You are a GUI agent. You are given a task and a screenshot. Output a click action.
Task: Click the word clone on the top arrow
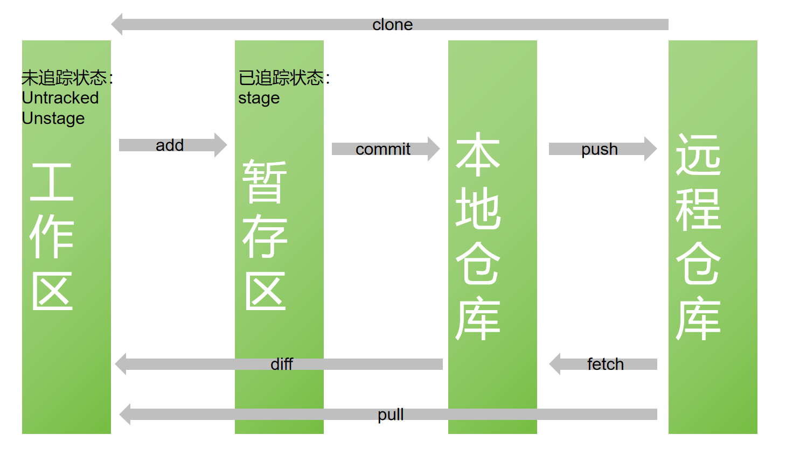pyautogui.click(x=392, y=25)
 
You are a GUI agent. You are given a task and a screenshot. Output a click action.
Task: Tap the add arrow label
pyautogui.click(x=170, y=145)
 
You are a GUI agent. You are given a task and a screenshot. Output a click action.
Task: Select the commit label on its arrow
pyautogui.click(x=383, y=149)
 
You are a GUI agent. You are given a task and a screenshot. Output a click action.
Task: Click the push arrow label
pyautogui.click(x=599, y=149)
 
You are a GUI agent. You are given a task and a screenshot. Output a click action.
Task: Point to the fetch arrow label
pyautogui.click(x=605, y=364)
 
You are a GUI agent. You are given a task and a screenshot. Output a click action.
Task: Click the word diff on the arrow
pyautogui.click(x=281, y=364)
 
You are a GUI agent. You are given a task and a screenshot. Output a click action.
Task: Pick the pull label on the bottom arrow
pyautogui.click(x=391, y=415)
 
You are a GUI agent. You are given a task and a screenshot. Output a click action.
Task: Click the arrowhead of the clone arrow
pyautogui.click(x=117, y=24)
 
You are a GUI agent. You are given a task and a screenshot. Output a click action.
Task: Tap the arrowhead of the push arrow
pyautogui.click(x=651, y=149)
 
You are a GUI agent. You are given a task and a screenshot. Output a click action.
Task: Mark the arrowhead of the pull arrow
pyautogui.click(x=125, y=415)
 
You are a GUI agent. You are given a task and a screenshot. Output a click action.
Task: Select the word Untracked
pyautogui.click(x=60, y=98)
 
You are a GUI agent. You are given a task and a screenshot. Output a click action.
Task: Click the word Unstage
pyautogui.click(x=53, y=118)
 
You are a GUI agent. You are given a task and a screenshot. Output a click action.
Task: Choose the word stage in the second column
pyautogui.click(x=259, y=99)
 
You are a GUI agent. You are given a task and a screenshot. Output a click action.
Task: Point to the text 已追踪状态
pyautogui.click(x=281, y=78)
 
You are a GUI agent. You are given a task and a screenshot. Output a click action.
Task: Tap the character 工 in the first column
pyautogui.click(x=52, y=182)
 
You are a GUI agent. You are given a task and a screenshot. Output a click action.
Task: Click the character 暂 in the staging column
pyautogui.click(x=265, y=182)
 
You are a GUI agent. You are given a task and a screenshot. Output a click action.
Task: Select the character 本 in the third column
pyautogui.click(x=478, y=155)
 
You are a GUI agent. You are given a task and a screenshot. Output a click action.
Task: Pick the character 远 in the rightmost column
pyautogui.click(x=698, y=155)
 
